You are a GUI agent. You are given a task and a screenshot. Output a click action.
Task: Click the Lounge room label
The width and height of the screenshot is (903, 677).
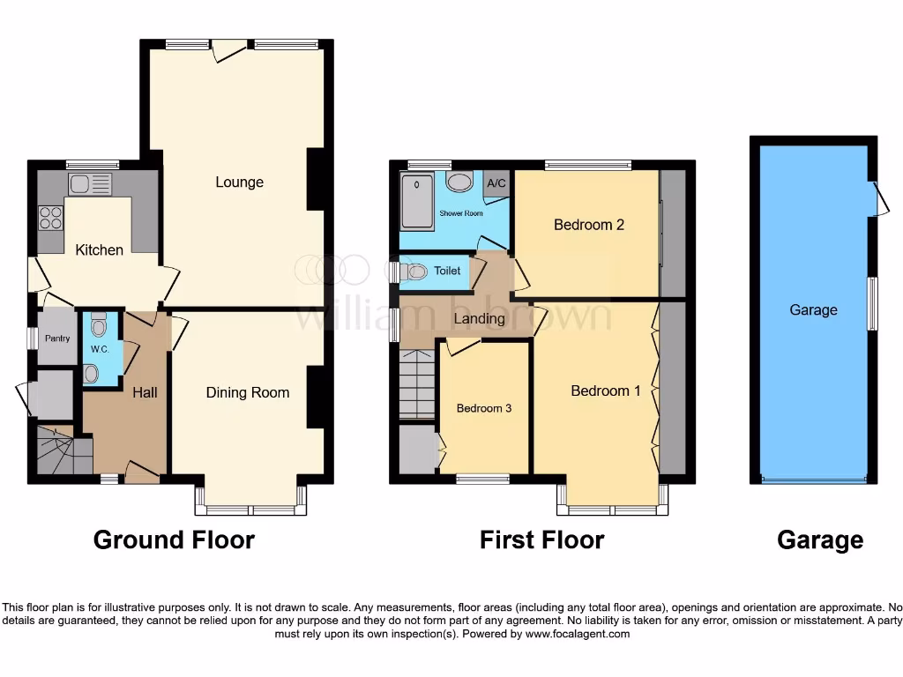click(239, 182)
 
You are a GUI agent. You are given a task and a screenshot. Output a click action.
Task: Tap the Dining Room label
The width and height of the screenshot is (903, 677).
click(248, 393)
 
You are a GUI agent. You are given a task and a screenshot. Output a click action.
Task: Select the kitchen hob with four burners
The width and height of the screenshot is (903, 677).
click(50, 217)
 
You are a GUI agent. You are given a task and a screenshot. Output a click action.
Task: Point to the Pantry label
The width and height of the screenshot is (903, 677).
click(57, 338)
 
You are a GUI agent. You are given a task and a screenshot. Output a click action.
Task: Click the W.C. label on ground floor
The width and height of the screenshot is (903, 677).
click(99, 349)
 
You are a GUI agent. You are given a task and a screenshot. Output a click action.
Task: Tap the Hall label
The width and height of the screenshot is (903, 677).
click(145, 392)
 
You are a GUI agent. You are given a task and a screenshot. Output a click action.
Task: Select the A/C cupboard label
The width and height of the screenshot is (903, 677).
click(496, 183)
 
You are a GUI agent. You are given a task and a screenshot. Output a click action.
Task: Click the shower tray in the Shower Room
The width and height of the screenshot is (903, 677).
click(416, 200)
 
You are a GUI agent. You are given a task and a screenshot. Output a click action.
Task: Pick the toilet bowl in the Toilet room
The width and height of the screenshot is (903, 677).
click(416, 272)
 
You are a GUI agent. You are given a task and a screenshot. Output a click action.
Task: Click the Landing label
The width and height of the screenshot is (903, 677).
click(480, 318)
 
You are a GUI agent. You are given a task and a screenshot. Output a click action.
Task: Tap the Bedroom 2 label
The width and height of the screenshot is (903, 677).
click(589, 225)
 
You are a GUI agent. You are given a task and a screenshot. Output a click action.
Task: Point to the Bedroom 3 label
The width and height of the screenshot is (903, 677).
click(483, 409)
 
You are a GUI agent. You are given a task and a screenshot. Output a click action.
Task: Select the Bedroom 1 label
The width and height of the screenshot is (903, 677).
click(606, 391)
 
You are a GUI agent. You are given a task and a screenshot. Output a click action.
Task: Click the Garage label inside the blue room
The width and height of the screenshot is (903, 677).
click(813, 310)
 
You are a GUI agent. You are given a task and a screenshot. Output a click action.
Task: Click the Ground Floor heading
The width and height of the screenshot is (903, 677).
click(174, 539)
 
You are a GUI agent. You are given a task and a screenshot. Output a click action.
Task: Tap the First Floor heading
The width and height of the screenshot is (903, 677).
click(541, 539)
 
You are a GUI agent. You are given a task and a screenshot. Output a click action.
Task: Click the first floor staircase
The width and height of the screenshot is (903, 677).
click(416, 384)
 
